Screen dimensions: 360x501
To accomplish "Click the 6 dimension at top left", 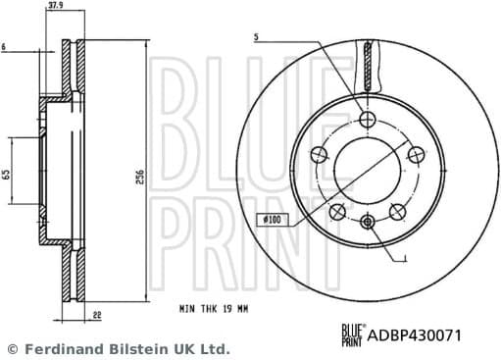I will tap(5, 47).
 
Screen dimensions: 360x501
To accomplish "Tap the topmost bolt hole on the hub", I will tap(368, 119).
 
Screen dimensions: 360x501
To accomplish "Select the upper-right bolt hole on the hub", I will tap(416, 153).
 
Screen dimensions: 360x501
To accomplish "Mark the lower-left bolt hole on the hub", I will tap(337, 212).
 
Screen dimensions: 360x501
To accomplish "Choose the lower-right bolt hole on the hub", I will tap(397, 211).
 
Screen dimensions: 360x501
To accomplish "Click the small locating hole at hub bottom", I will tap(368, 221).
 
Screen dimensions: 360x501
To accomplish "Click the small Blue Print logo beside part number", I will tap(352, 335).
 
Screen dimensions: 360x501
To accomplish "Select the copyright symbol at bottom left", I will tap(12, 349).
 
